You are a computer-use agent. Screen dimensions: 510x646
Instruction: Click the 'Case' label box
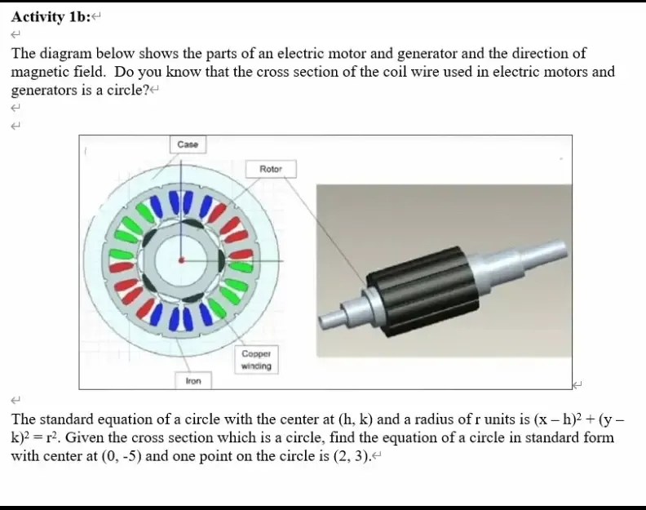tap(188, 144)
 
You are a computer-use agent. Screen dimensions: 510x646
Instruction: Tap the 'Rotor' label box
tap(271, 169)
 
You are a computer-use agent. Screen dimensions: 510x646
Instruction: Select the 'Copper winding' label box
tap(255, 361)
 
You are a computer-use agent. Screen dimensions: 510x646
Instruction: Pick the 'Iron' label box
tap(193, 381)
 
